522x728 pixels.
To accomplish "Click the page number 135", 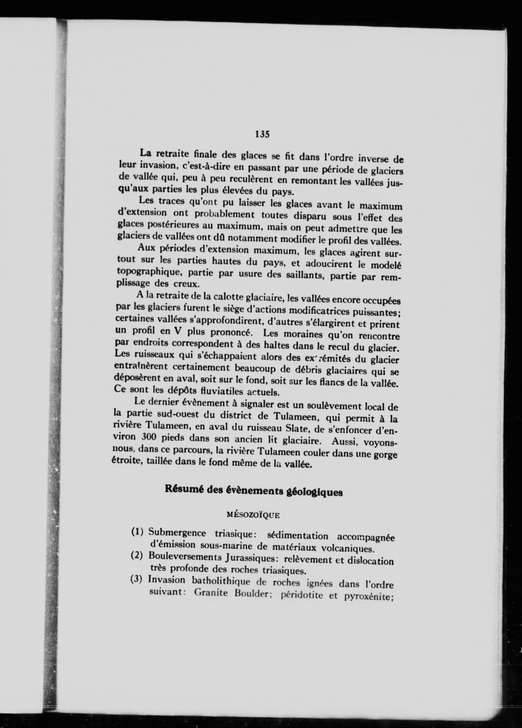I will (x=262, y=134).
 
